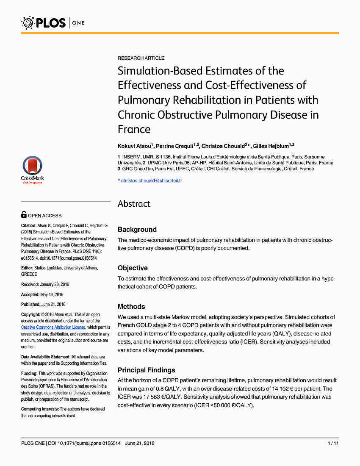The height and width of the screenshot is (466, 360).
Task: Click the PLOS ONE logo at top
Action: point(53,22)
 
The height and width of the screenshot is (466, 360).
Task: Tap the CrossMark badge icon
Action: point(33,168)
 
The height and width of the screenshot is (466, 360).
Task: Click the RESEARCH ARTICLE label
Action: point(141,58)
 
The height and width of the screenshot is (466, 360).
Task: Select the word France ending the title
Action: point(134,129)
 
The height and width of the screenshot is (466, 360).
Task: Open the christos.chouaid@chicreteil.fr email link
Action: point(152,181)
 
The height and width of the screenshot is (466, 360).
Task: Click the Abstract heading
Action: point(134,204)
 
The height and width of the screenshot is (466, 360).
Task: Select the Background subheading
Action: point(137,230)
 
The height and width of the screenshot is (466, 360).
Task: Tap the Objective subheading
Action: point(133,268)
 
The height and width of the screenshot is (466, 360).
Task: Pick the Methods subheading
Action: point(131,307)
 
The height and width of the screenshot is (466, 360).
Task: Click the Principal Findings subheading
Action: point(146,370)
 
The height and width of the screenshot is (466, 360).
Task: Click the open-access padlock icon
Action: point(24,215)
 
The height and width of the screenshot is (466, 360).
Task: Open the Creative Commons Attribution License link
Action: point(53,327)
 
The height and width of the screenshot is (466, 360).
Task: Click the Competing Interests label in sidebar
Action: point(40,409)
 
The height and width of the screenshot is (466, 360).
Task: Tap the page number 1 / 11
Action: point(333,444)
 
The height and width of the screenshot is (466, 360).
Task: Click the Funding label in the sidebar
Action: point(29,374)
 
